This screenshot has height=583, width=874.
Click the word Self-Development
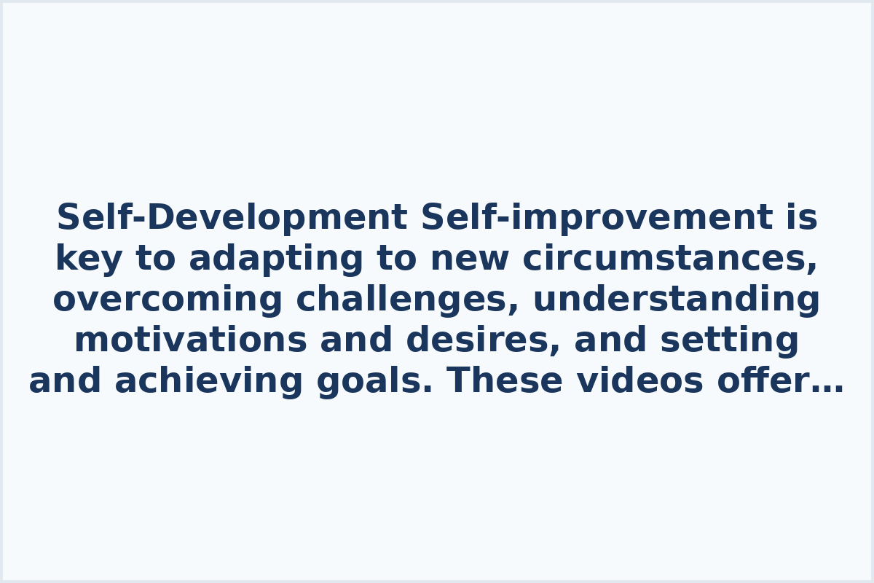click(232, 218)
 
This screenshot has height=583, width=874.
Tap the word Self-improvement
click(597, 218)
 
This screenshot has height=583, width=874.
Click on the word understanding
click(677, 300)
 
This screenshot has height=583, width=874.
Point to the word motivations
click(190, 340)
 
